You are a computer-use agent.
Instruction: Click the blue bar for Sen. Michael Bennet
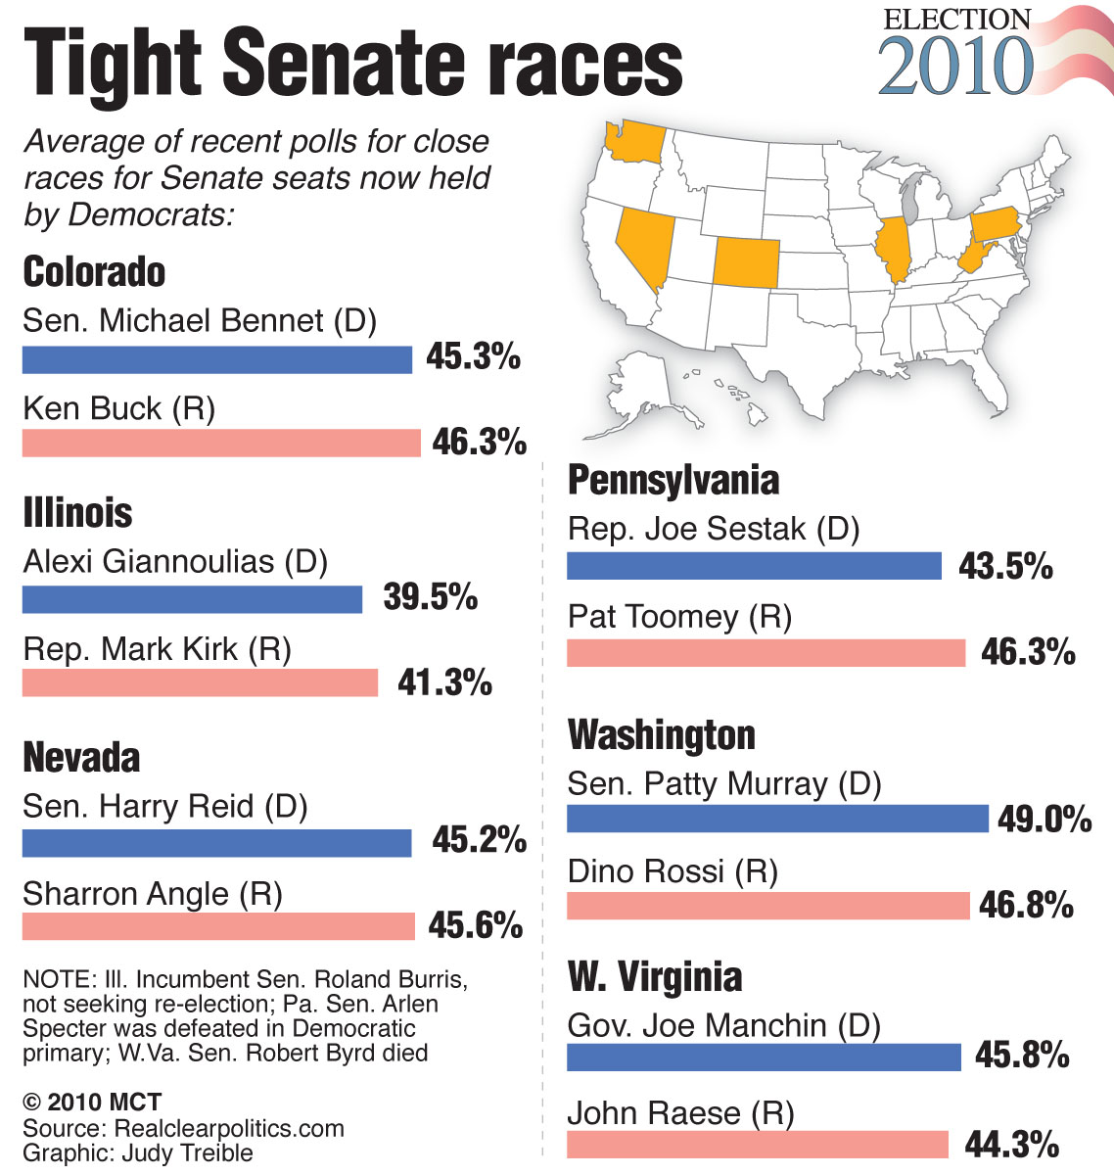click(216, 359)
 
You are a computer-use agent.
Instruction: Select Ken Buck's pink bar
click(220, 444)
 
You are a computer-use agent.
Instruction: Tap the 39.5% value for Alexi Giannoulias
click(431, 596)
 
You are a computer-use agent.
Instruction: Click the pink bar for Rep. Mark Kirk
click(200, 682)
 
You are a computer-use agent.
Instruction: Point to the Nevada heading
click(81, 757)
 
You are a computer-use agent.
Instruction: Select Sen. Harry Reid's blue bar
click(216, 842)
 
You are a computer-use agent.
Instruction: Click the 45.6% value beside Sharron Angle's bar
click(476, 925)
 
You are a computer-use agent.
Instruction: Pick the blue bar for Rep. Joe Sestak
click(754, 566)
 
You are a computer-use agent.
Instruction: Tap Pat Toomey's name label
click(679, 617)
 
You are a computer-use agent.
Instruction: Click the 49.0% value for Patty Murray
click(1044, 819)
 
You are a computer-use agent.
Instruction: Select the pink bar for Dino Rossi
click(767, 906)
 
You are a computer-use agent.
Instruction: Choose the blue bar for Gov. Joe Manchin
click(764, 1057)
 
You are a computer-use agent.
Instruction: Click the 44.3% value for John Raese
click(1012, 1144)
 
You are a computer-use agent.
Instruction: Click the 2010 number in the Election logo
click(955, 67)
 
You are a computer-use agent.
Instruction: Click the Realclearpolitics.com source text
click(229, 1128)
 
